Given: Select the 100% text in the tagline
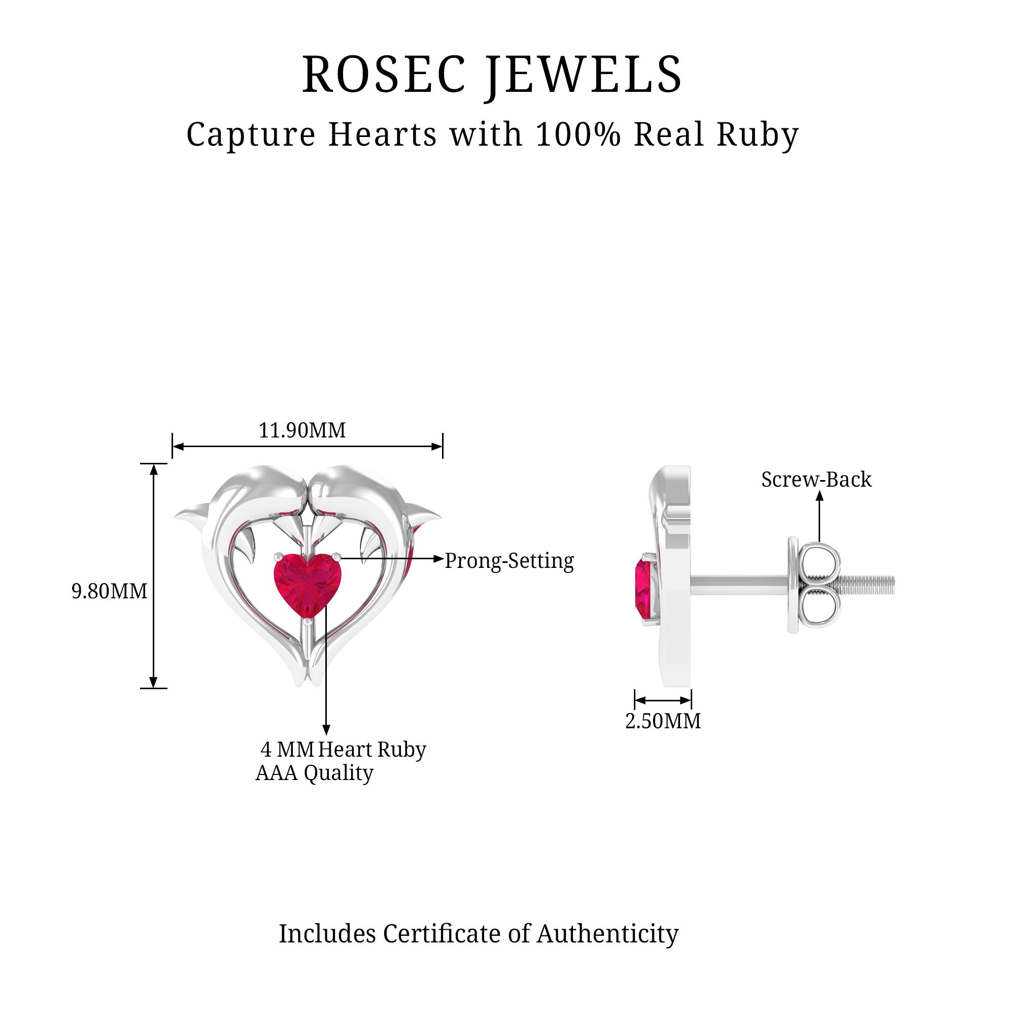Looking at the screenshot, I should [579, 134].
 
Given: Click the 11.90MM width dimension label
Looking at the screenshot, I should [302, 430].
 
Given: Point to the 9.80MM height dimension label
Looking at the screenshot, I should [109, 591].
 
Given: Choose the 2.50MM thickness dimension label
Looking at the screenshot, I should [662, 721].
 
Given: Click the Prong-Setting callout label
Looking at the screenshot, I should [509, 561].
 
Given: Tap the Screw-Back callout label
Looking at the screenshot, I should [816, 479].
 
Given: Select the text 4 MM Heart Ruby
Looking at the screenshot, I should [343, 749].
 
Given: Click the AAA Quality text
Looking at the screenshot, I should [314, 773].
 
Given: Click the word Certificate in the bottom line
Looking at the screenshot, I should [442, 934].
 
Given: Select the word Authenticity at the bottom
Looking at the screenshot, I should [607, 934].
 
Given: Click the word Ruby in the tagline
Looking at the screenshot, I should [757, 134].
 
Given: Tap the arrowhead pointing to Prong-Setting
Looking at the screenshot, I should [438, 558].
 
